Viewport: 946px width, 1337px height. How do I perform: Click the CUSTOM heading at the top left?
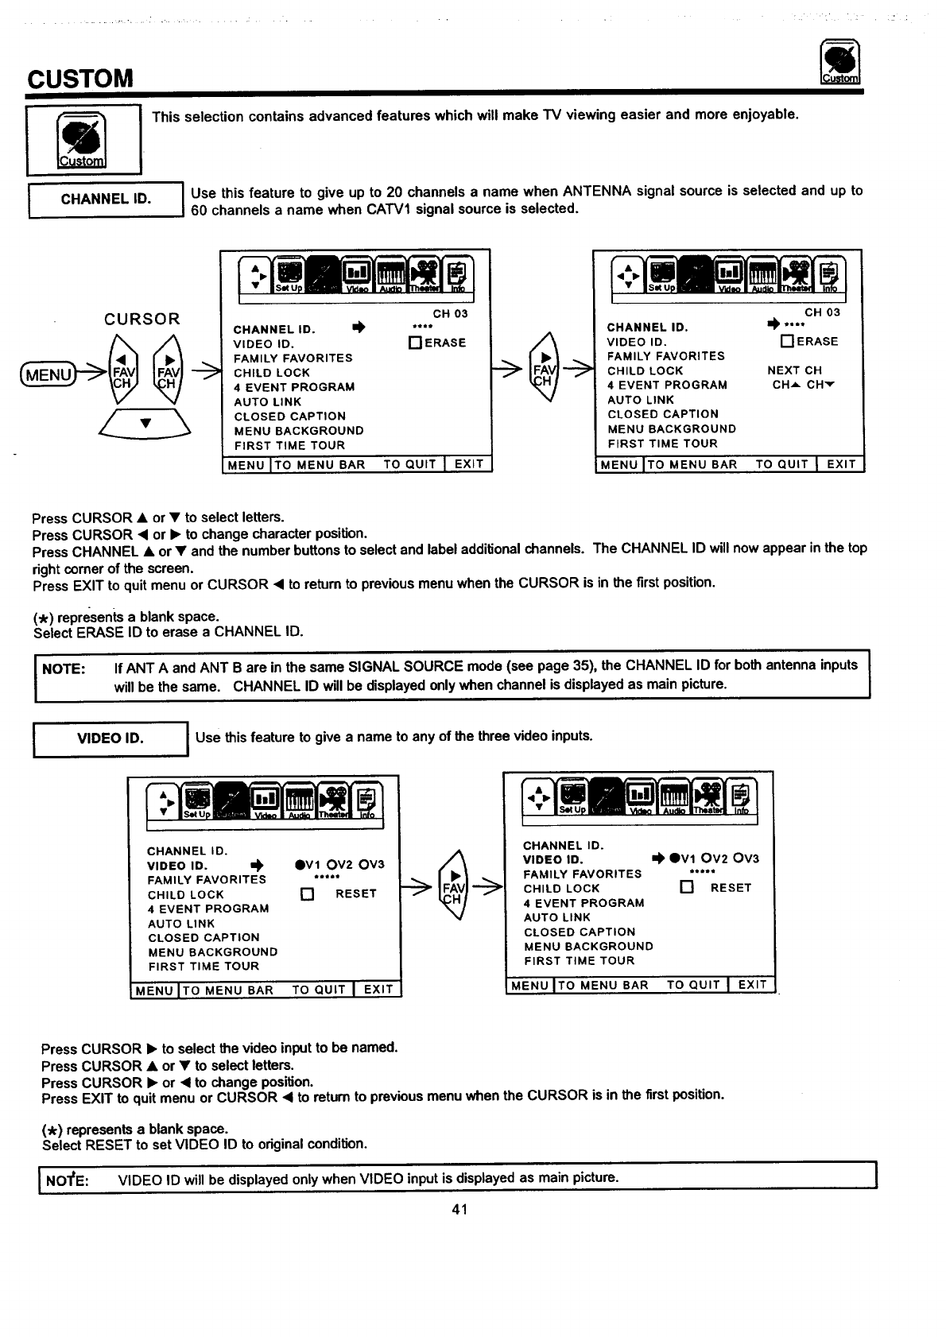click(x=79, y=79)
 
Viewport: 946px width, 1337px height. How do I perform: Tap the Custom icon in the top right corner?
click(x=839, y=63)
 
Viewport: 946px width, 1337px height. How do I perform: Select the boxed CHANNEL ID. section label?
click(x=106, y=199)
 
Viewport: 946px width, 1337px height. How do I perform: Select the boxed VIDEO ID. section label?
click(x=110, y=738)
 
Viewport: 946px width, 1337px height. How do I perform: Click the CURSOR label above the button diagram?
click(x=142, y=320)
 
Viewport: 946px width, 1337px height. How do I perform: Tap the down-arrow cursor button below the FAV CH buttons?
click(x=145, y=424)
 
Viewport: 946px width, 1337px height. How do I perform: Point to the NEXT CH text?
click(x=794, y=370)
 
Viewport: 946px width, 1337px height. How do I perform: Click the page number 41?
click(x=459, y=1209)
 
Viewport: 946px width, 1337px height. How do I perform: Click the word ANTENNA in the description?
click(x=596, y=191)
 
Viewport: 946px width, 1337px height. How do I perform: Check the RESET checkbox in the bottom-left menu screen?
click(x=308, y=894)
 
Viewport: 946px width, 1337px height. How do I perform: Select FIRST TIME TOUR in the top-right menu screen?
click(x=662, y=444)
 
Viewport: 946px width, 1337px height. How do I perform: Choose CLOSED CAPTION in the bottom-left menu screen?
click(x=204, y=938)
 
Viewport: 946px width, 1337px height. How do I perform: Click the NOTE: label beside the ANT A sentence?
click(x=63, y=668)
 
